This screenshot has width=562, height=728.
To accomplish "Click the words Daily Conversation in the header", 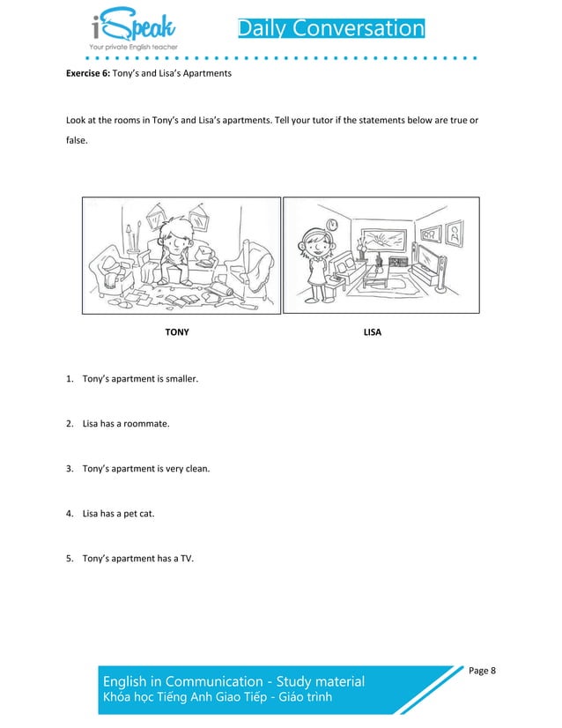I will [x=331, y=28].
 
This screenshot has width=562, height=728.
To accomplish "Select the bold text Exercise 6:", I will [x=92, y=73].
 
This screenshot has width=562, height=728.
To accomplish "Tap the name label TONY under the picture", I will [x=177, y=334].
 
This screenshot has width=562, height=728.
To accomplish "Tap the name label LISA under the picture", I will [x=372, y=334].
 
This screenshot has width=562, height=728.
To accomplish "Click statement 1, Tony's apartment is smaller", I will [x=140, y=379].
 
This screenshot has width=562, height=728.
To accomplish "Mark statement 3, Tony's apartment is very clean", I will [x=146, y=468].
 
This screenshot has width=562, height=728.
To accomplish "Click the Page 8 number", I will [x=482, y=671].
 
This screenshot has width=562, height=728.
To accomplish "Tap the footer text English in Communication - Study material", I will [x=233, y=681].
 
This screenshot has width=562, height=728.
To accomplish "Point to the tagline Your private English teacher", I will [x=133, y=46].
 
